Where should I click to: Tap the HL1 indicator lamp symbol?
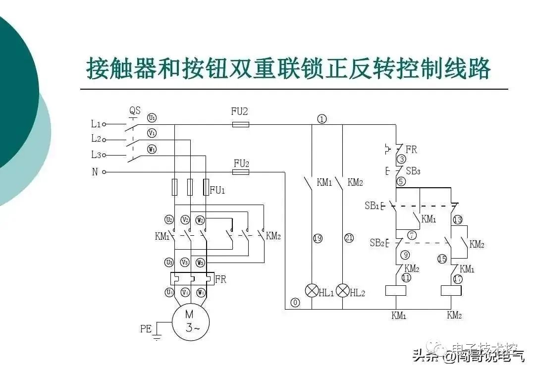[311, 290]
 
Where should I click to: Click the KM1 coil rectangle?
[396, 290]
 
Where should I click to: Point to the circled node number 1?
[322, 119]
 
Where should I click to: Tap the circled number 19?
[318, 238]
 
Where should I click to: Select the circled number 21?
[349, 238]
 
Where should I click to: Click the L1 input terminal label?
[96, 124]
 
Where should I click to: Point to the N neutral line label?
[95, 172]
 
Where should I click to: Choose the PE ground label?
[146, 328]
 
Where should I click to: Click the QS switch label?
[135, 110]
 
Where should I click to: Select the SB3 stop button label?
[413, 171]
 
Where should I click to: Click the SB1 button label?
[372, 206]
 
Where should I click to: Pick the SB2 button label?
[376, 243]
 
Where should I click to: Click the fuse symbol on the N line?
[241, 172]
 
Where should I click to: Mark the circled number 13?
[457, 220]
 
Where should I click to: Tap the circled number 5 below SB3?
[401, 181]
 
